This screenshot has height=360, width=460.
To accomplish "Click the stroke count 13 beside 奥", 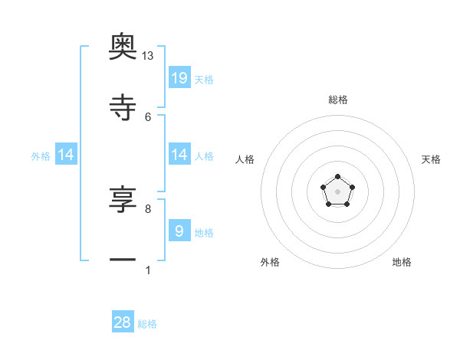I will tap(148, 56).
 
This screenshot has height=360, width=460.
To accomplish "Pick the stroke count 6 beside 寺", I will tap(148, 116).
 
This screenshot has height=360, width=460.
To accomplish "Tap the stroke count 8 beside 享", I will tap(148, 208).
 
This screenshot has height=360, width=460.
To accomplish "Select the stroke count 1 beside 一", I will tap(148, 270).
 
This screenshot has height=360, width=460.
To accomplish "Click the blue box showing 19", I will tap(179, 78).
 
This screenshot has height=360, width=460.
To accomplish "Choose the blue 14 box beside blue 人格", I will tap(179, 155).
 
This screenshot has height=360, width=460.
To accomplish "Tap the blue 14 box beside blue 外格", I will tap(66, 155).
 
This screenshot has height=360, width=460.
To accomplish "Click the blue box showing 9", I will tap(179, 231).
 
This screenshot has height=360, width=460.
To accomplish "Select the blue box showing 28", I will tap(123, 322).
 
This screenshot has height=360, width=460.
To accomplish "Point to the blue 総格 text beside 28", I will tap(147, 324).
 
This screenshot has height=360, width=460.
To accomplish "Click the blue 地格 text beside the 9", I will tap(204, 232).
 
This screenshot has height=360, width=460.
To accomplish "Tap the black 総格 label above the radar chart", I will tap(338, 100).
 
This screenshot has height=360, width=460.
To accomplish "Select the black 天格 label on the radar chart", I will tap(431, 159).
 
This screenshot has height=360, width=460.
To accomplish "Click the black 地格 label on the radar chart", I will tap(402, 263).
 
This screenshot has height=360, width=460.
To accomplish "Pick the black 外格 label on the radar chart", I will tap(270, 263).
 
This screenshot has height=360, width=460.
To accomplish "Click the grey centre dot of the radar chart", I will tap(338, 191).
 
